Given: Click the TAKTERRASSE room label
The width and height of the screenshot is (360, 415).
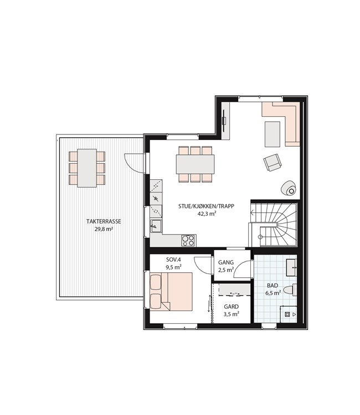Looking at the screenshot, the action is (x=104, y=221).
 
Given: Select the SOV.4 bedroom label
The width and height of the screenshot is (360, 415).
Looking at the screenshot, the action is (x=173, y=260).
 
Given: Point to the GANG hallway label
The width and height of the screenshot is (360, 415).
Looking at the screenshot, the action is (x=226, y=262).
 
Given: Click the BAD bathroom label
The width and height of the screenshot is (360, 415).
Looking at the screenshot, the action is (x=272, y=286).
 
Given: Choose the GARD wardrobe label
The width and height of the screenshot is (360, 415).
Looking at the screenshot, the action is (x=232, y=307).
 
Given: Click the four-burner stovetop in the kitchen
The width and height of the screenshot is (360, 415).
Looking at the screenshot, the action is (x=188, y=241).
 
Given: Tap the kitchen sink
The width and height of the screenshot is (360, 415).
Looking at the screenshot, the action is (x=156, y=226).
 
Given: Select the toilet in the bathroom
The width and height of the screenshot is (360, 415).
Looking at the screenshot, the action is (x=290, y=290).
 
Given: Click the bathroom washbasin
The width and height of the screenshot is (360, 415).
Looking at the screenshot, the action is (x=291, y=268).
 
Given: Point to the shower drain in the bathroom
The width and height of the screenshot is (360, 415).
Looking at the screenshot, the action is (x=287, y=314).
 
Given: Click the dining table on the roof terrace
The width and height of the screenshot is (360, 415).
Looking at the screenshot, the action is (x=87, y=168).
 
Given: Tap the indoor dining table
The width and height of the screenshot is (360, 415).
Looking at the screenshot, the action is (x=196, y=164).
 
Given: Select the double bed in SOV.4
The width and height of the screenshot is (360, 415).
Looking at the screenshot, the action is (x=171, y=292).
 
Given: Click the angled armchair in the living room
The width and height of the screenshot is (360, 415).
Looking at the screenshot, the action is (x=272, y=162).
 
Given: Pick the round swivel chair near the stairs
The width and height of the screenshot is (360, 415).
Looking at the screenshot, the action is (x=289, y=188).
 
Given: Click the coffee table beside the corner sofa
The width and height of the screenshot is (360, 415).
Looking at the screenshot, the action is (x=272, y=134).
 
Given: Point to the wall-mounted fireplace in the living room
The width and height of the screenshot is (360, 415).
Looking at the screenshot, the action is (x=224, y=121).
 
